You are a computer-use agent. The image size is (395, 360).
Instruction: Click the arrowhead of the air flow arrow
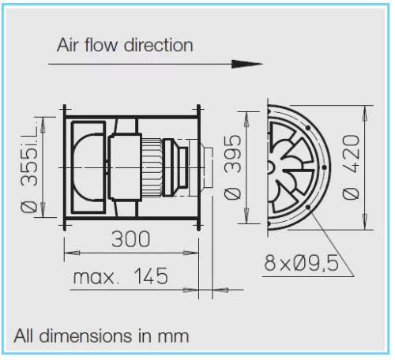pyautogui.click(x=246, y=64)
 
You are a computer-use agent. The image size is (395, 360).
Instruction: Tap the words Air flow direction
pyautogui.click(x=125, y=45)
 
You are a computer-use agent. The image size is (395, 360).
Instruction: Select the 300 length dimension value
pyautogui.click(x=130, y=239)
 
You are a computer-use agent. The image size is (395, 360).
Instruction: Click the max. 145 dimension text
pyautogui.click(x=120, y=276)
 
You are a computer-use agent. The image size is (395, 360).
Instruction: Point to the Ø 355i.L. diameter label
pyautogui.click(x=29, y=167)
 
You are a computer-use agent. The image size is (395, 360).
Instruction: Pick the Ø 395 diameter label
pyautogui.click(x=232, y=167)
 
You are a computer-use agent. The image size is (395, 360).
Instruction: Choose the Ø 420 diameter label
pyautogui.click(x=351, y=167)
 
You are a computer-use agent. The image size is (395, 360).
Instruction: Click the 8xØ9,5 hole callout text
pyautogui.click(x=302, y=263)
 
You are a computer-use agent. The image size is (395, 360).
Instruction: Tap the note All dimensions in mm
pyautogui.click(x=101, y=336)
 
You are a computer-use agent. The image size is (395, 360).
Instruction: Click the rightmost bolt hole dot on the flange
pyautogui.click(x=324, y=167)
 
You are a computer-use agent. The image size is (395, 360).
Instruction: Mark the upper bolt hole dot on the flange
pyautogui.click(x=308, y=128)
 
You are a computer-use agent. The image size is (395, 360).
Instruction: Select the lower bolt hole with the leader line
pyautogui.click(x=308, y=207)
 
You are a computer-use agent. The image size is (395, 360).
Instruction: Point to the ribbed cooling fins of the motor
pyautogui.click(x=152, y=167)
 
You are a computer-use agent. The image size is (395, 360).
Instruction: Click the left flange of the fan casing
pyautogui.click(x=65, y=167)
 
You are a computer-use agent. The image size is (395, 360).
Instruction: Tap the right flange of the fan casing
pyautogui.click(x=199, y=167)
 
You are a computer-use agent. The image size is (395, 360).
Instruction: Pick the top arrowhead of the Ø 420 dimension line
pyautogui.click(x=365, y=113)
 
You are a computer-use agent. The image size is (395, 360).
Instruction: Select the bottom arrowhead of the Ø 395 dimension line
pyautogui.click(x=246, y=216)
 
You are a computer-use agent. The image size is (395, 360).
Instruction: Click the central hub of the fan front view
pyautogui.click(x=270, y=167)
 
